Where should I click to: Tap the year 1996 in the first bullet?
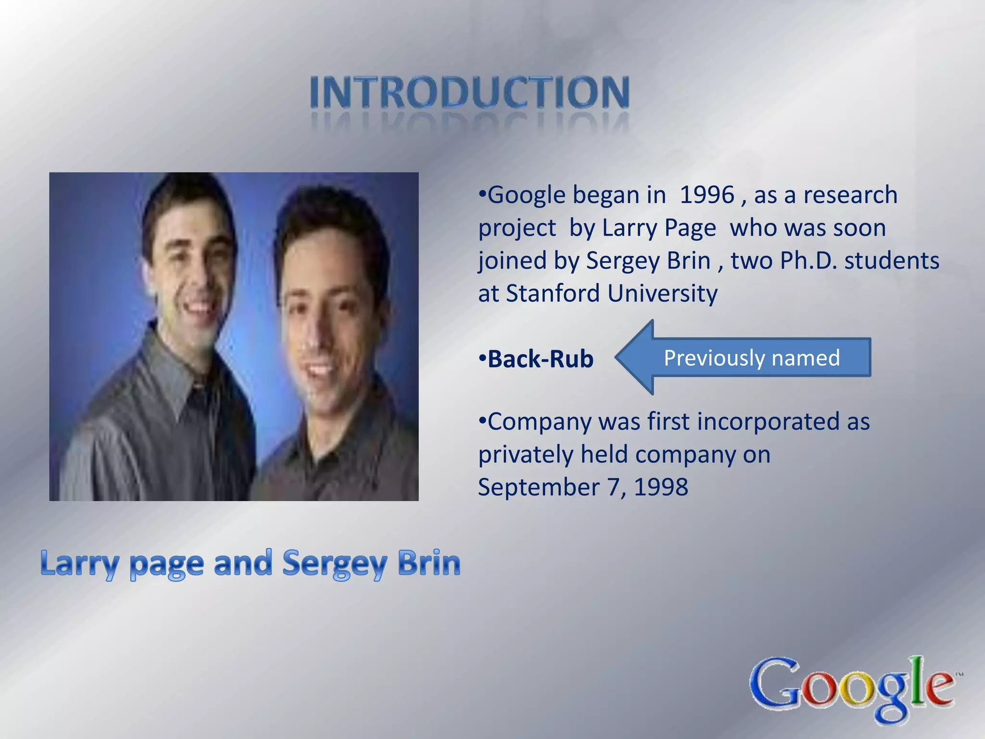707,195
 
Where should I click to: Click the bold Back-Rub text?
541,359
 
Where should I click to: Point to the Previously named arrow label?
752,358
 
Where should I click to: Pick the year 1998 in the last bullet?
661,487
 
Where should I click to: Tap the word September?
539,487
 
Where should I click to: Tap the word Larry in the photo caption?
79,564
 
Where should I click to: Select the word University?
662,293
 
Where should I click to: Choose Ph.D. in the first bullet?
808,261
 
